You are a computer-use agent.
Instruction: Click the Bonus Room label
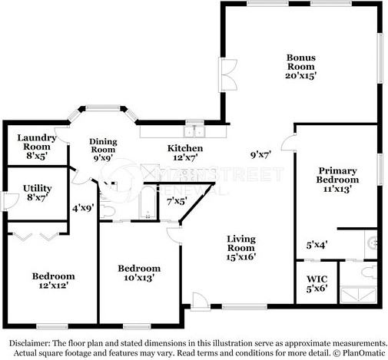coord(301,62)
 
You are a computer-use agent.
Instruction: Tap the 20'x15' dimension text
coord(301,76)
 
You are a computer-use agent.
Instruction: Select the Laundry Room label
coord(37,142)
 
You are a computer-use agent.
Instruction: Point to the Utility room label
coord(38,188)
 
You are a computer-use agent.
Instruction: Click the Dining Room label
coord(103,145)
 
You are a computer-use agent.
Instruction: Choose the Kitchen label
coord(185,148)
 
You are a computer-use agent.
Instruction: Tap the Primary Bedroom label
coord(337,175)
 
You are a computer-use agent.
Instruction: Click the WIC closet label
coord(317,279)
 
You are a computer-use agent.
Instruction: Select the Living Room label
coord(241,243)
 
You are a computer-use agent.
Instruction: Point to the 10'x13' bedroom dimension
coord(139,278)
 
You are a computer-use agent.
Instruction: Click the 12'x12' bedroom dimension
coord(53,286)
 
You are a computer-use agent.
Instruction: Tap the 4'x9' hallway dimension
coord(83,208)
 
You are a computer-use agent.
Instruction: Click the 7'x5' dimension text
coord(177,201)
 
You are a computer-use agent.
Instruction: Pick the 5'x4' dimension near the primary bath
coord(317,245)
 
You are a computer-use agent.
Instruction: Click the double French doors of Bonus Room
coord(227,74)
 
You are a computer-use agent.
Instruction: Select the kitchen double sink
coord(194,132)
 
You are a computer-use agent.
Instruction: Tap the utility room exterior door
coord(10,202)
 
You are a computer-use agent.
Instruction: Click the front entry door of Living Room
coord(200,302)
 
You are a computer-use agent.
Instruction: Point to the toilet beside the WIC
coord(370,272)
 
